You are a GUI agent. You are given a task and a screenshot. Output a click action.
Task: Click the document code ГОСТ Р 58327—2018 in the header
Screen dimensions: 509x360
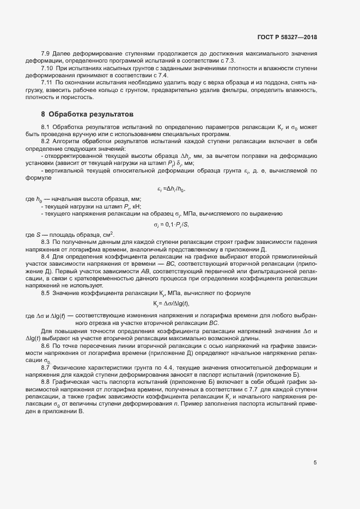point(286,38)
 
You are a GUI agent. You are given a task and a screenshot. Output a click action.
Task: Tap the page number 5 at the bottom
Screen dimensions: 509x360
point(315,463)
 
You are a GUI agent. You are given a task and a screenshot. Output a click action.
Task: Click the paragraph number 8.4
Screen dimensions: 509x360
point(46,255)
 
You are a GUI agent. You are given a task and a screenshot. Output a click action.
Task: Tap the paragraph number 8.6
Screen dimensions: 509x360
point(46,346)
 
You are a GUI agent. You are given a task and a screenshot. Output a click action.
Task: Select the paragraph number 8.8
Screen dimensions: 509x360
point(46,383)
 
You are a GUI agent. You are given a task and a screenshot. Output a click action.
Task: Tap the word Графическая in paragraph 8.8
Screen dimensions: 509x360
point(72,383)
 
